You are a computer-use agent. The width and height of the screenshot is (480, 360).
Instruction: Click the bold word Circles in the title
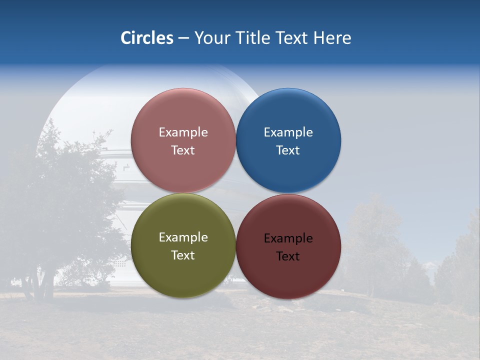pyautogui.click(x=146, y=38)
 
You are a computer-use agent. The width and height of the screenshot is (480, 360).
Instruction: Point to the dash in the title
pyautogui.click(x=183, y=38)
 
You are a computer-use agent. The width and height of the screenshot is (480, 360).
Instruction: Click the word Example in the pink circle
pyautogui.click(x=183, y=132)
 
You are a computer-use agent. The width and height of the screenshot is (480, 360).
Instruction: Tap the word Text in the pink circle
pyautogui.click(x=183, y=150)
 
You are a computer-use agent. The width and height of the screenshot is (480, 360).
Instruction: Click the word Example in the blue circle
pyautogui.click(x=288, y=132)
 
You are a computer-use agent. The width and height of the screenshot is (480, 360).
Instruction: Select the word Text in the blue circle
pyautogui.click(x=288, y=150)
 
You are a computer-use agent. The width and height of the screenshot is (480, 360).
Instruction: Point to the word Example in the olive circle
pyautogui.click(x=183, y=237)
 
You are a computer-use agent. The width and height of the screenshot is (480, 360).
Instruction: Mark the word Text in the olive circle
pyautogui.click(x=183, y=255)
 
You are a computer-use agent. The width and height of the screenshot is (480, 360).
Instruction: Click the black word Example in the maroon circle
pyautogui.click(x=288, y=238)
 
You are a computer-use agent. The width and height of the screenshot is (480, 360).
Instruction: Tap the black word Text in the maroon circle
pyautogui.click(x=288, y=256)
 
